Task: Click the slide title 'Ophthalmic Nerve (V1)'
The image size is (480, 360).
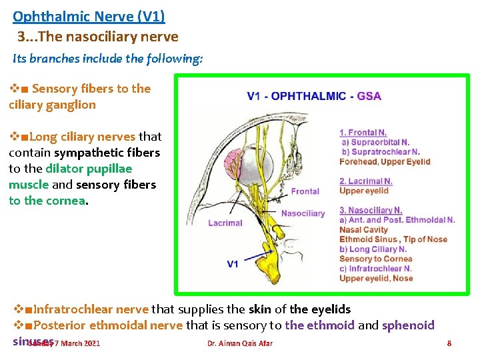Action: [x=89, y=16]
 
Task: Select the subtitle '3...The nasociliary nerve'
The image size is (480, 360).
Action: [x=98, y=36]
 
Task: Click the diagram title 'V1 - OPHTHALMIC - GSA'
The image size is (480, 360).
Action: [x=314, y=96]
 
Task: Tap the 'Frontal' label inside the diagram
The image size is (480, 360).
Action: [x=305, y=191]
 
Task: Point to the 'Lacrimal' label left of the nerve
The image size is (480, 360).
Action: [x=225, y=223]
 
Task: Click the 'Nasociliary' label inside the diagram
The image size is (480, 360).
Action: [x=303, y=213]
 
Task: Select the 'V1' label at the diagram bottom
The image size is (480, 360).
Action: [x=232, y=264]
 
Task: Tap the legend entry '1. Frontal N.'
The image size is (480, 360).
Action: [x=363, y=133]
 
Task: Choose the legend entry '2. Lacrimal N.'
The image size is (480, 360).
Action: [x=365, y=181]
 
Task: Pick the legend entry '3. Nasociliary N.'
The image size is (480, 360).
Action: [x=371, y=211]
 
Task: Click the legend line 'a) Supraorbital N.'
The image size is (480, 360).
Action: [x=375, y=142]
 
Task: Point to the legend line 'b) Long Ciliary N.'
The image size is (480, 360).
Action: [x=373, y=249]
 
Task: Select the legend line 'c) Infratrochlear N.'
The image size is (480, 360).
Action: [x=376, y=269]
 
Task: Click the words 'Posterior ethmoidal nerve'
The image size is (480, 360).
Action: [x=107, y=325]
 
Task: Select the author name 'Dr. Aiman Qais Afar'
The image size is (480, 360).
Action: [x=239, y=343]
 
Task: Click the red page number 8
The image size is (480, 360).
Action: [x=449, y=343]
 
